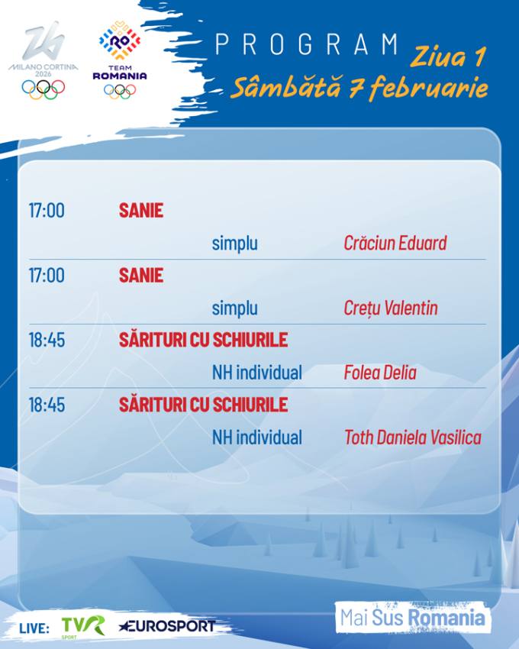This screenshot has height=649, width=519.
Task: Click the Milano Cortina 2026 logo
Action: click(44, 61)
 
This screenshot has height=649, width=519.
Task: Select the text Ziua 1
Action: click(446, 57)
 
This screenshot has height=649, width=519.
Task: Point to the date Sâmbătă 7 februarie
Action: click(359, 89)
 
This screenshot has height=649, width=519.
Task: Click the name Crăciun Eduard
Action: click(395, 244)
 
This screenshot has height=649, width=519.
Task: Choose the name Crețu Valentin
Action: click(391, 308)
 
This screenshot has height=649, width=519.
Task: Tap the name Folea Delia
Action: click(379, 373)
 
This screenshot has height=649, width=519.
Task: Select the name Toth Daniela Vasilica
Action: click(412, 438)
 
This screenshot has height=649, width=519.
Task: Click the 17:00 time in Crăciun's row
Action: click(47, 211)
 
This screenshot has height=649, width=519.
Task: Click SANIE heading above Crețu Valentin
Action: click(141, 276)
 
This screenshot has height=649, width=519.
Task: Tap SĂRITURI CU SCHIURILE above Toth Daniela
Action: click(203, 405)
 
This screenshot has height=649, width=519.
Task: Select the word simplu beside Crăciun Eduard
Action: click(234, 244)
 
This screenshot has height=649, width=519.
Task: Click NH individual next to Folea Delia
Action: click(256, 373)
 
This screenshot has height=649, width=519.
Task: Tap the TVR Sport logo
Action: click(83, 625)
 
